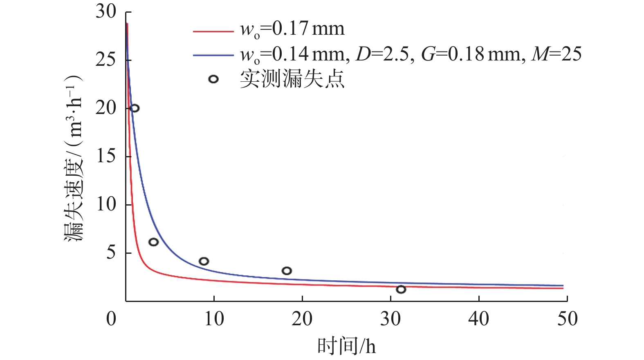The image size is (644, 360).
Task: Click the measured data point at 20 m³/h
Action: pos(135,108)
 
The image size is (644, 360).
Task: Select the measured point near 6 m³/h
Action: pos(153,242)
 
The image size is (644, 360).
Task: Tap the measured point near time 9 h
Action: pos(204,261)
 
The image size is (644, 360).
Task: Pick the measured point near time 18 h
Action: pos(287,271)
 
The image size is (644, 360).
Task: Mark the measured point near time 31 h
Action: pos(401,289)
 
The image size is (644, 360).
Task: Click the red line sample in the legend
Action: pos(213,31)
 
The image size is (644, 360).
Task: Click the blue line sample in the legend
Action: pos(213,55)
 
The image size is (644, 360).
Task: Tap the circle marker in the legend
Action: pos(213,79)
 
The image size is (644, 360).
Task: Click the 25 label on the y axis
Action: pos(106,60)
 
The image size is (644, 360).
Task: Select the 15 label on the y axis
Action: pos(106,156)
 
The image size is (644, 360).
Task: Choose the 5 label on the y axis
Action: pos(111,253)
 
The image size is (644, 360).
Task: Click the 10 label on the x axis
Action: pos(214,319)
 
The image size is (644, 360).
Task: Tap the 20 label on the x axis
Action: pos(302,319)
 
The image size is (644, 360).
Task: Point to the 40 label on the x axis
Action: pos(479,319)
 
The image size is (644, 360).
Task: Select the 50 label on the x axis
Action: pos(567,319)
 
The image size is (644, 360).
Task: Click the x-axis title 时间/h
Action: pos(346,346)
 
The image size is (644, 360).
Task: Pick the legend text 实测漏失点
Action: pos(292,79)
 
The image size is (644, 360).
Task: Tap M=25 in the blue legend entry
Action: pos(556,54)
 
